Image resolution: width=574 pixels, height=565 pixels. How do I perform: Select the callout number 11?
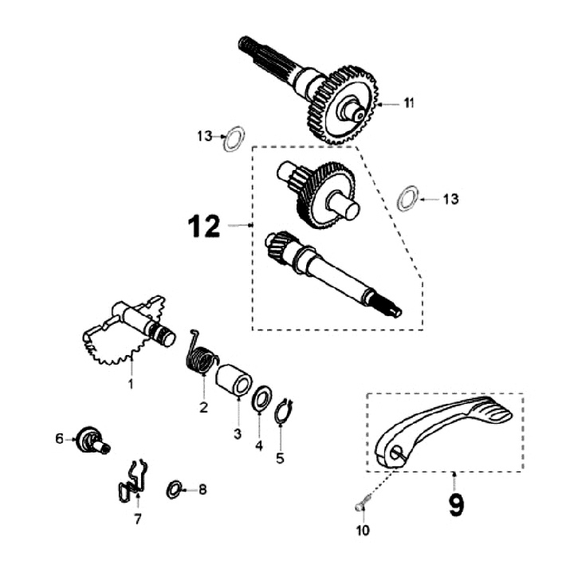click(408, 103)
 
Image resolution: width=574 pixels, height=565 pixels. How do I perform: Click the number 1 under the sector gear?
click(132, 384)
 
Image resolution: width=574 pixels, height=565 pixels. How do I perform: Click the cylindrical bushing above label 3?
click(234, 379)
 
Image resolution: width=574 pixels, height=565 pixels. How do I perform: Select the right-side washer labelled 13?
click(407, 198)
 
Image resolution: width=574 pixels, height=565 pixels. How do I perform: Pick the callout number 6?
click(59, 438)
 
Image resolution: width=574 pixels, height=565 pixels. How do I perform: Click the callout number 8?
click(202, 489)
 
